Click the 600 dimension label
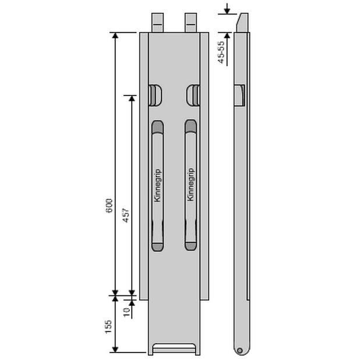[x=110, y=206]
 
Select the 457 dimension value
[x=126, y=216]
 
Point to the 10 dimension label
[x=126, y=312]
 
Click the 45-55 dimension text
[x=221, y=52]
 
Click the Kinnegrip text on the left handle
[x=158, y=185]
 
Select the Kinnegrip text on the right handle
[x=190, y=185]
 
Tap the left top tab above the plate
[x=157, y=23]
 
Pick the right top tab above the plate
[x=191, y=23]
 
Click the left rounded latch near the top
[x=156, y=96]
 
